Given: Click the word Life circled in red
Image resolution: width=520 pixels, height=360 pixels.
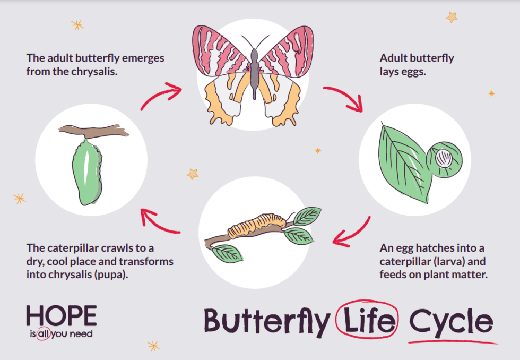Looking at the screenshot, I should [x=367, y=320].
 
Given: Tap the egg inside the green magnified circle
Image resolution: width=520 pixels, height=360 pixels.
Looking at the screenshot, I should [x=443, y=157].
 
